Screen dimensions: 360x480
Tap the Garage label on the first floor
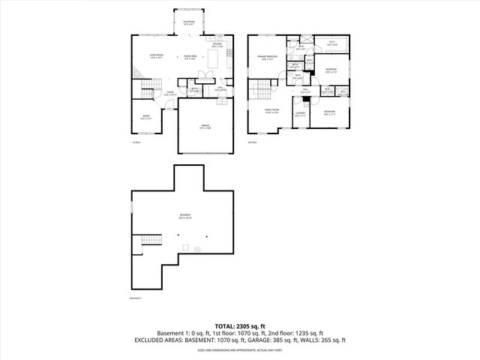(204, 127)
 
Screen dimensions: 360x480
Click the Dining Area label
(190, 56)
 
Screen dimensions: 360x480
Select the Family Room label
(271, 112)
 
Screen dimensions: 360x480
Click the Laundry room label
(300, 115)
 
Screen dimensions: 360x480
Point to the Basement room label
(184, 217)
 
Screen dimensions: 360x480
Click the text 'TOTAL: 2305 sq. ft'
(239, 326)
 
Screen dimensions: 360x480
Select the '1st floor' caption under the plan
(136, 142)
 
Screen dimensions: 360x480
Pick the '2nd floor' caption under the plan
(252, 142)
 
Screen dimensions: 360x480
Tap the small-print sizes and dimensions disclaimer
(239, 349)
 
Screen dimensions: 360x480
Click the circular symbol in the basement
(197, 248)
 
